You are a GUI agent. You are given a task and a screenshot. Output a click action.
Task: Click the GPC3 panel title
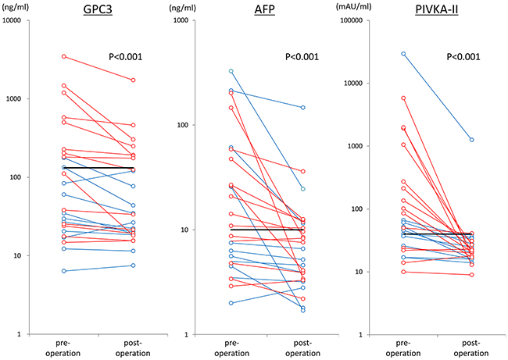pyautogui.click(x=98, y=9)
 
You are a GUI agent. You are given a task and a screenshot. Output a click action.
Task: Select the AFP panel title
pyautogui.click(x=265, y=9)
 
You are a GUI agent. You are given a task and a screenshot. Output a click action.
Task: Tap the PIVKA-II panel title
pyautogui.click(x=437, y=9)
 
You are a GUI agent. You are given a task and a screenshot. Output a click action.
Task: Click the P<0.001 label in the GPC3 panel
pyautogui.click(x=125, y=57)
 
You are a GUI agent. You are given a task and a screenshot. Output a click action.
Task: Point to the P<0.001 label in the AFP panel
pyautogui.click(x=302, y=57)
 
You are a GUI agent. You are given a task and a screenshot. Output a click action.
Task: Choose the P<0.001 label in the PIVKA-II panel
pyautogui.click(x=463, y=57)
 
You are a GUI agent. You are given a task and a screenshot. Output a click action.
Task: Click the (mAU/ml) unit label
pyautogui.click(x=353, y=7)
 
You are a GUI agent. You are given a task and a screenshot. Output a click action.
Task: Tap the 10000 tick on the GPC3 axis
pyautogui.click(x=12, y=20)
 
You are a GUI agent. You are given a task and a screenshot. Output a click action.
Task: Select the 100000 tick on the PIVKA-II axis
pyautogui.click(x=352, y=20)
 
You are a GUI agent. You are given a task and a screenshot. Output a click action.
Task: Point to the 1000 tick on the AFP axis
pyautogui.click(x=181, y=20)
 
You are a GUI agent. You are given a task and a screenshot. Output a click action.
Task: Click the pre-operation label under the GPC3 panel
pyautogui.click(x=63, y=348)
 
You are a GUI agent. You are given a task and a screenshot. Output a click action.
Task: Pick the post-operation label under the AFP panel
pyautogui.click(x=303, y=348)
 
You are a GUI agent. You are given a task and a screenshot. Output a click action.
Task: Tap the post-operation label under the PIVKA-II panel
pyautogui.click(x=471, y=348)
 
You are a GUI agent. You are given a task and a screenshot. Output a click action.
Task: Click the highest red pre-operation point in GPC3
pyautogui.click(x=64, y=57)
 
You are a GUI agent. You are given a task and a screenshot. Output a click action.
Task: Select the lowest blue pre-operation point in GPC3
pyautogui.click(x=64, y=271)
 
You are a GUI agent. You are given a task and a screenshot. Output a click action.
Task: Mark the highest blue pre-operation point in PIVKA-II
pyautogui.click(x=403, y=54)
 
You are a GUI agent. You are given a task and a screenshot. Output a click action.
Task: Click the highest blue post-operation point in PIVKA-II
pyautogui.click(x=472, y=140)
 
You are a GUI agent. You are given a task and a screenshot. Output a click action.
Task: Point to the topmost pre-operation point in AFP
pyautogui.click(x=231, y=71)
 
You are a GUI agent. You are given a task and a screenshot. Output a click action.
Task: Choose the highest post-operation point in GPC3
pyautogui.click(x=133, y=80)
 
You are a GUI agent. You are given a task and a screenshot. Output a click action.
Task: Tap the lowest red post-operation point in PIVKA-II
pyautogui.click(x=472, y=275)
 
